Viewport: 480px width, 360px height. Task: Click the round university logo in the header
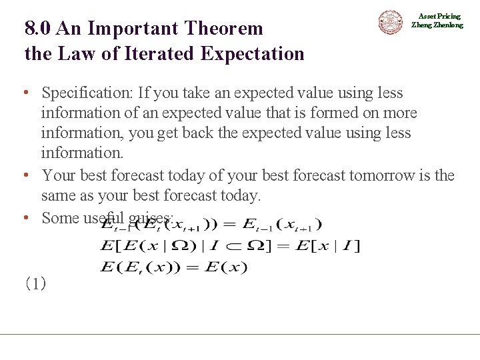point(391,22)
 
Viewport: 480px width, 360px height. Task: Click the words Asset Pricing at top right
point(439,16)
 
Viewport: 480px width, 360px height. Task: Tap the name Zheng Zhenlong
point(437,25)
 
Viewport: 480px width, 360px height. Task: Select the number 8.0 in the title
point(39,29)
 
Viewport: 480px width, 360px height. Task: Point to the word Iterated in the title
point(167,53)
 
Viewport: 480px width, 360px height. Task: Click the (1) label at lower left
point(35,284)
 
